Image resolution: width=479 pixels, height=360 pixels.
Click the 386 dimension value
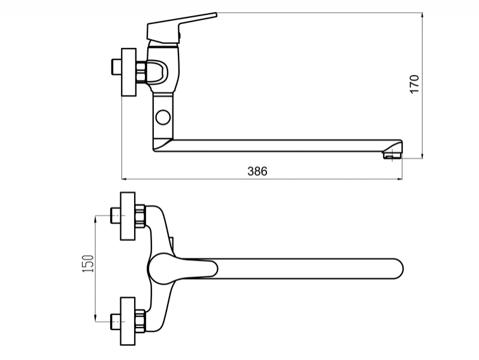coord(257,171)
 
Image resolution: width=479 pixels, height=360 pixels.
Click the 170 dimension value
coord(414,84)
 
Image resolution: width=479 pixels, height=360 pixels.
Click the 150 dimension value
coord(88,264)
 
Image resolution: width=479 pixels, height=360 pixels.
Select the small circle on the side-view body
coord(163,117)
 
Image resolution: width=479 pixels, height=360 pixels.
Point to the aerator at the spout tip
coord(393,156)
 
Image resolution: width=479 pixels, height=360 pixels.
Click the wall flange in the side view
coord(129,72)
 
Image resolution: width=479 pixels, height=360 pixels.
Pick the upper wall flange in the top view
coord(128,216)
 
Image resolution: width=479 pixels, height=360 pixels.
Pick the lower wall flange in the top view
coord(128,321)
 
